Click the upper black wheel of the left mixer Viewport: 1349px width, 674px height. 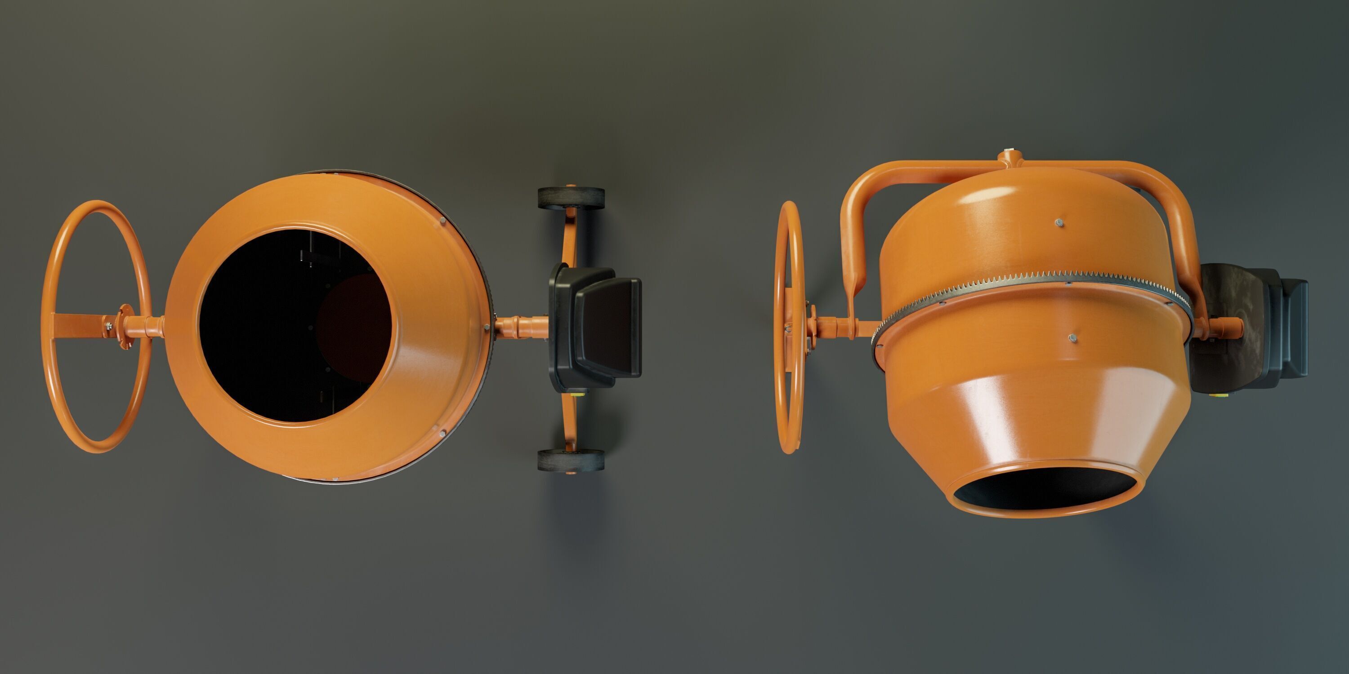tap(571, 198)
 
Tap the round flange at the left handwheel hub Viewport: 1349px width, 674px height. tap(124, 327)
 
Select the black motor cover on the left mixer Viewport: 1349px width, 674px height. tap(607, 327)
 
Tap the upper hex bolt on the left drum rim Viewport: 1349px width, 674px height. tap(442, 222)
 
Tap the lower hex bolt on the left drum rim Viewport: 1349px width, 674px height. tap(442, 434)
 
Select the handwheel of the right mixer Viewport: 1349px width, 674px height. tap(791, 327)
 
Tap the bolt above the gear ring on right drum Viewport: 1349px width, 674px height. tap(1059, 222)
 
